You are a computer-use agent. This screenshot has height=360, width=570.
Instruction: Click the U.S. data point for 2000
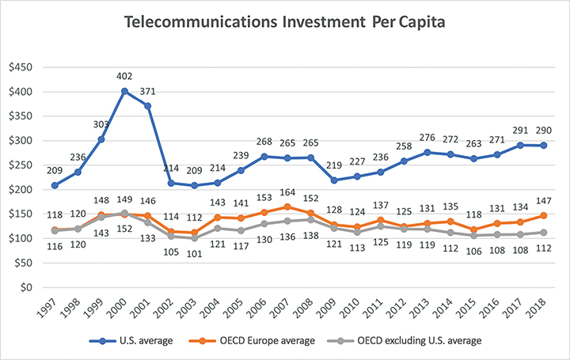[x=125, y=91]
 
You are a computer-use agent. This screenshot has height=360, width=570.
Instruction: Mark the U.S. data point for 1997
[x=53, y=185]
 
